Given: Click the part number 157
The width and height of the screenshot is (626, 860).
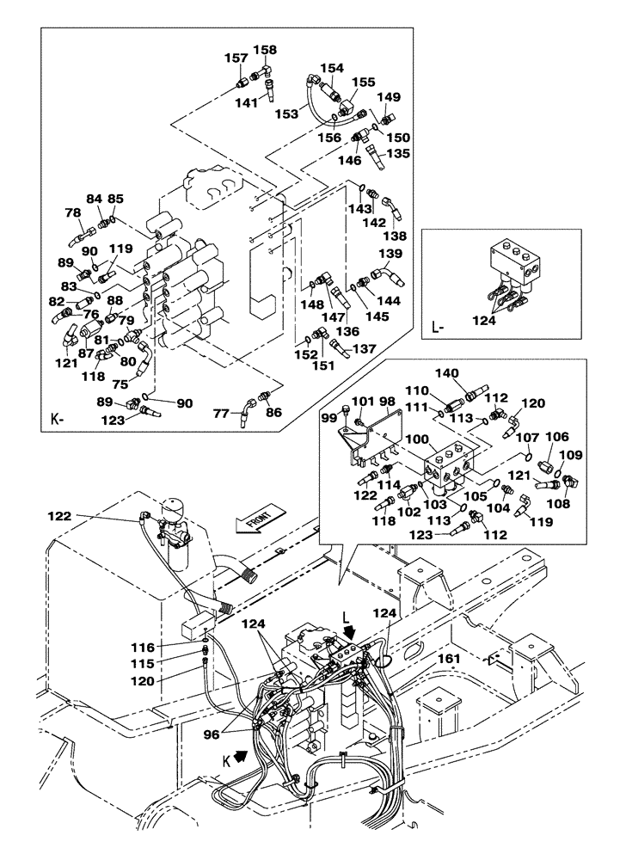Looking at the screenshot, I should click(236, 58).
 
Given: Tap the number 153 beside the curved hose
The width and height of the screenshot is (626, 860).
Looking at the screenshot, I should click(286, 114).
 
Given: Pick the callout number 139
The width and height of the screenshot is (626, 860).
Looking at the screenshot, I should click(391, 254).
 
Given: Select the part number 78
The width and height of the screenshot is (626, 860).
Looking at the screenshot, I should click(73, 213).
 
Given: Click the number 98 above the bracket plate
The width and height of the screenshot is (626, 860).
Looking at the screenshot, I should click(387, 402).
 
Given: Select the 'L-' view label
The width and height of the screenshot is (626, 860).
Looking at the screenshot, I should click(437, 328).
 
